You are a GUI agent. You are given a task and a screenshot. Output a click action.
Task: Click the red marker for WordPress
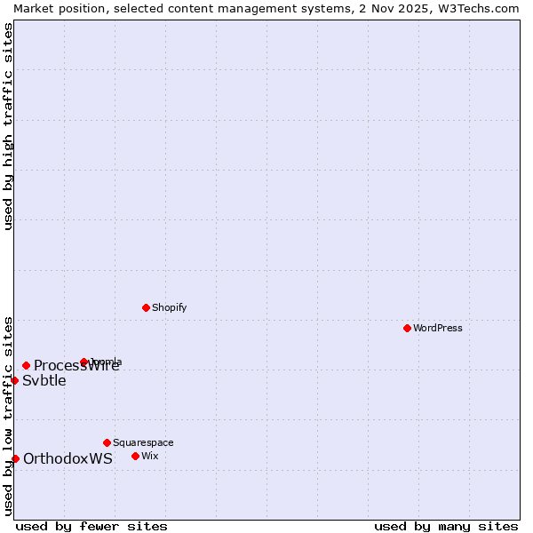click(407, 328)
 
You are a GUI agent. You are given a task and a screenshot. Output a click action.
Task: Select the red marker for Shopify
click(146, 307)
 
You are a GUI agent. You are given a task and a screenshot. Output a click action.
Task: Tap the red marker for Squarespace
click(107, 442)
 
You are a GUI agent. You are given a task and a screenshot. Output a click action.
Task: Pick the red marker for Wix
click(135, 456)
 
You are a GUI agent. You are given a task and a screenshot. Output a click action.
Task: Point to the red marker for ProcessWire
click(26, 365)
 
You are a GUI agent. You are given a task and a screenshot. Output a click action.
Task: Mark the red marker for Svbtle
click(14, 380)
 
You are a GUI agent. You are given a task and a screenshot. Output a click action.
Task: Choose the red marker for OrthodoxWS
click(15, 458)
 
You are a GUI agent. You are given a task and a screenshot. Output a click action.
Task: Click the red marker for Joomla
click(84, 362)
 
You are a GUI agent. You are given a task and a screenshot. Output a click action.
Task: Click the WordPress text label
click(438, 328)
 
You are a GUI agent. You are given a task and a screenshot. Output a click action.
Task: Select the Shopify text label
click(169, 307)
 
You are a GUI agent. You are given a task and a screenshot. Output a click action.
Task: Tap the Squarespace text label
click(143, 442)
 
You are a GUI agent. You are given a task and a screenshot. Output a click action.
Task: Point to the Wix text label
click(149, 456)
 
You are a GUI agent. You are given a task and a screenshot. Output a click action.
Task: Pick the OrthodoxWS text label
click(68, 459)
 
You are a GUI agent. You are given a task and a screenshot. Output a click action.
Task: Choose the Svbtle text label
click(44, 381)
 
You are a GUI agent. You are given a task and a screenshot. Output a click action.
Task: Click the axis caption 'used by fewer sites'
click(91, 526)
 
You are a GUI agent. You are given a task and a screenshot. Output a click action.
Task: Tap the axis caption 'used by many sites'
click(446, 526)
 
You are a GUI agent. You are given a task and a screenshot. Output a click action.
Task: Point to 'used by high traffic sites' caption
click(8, 126)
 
